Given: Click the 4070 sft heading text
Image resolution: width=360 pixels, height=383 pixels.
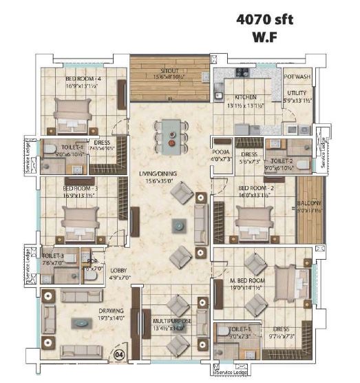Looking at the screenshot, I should coord(264,20).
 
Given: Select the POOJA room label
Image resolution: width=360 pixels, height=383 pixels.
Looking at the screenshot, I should coord(220,155).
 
